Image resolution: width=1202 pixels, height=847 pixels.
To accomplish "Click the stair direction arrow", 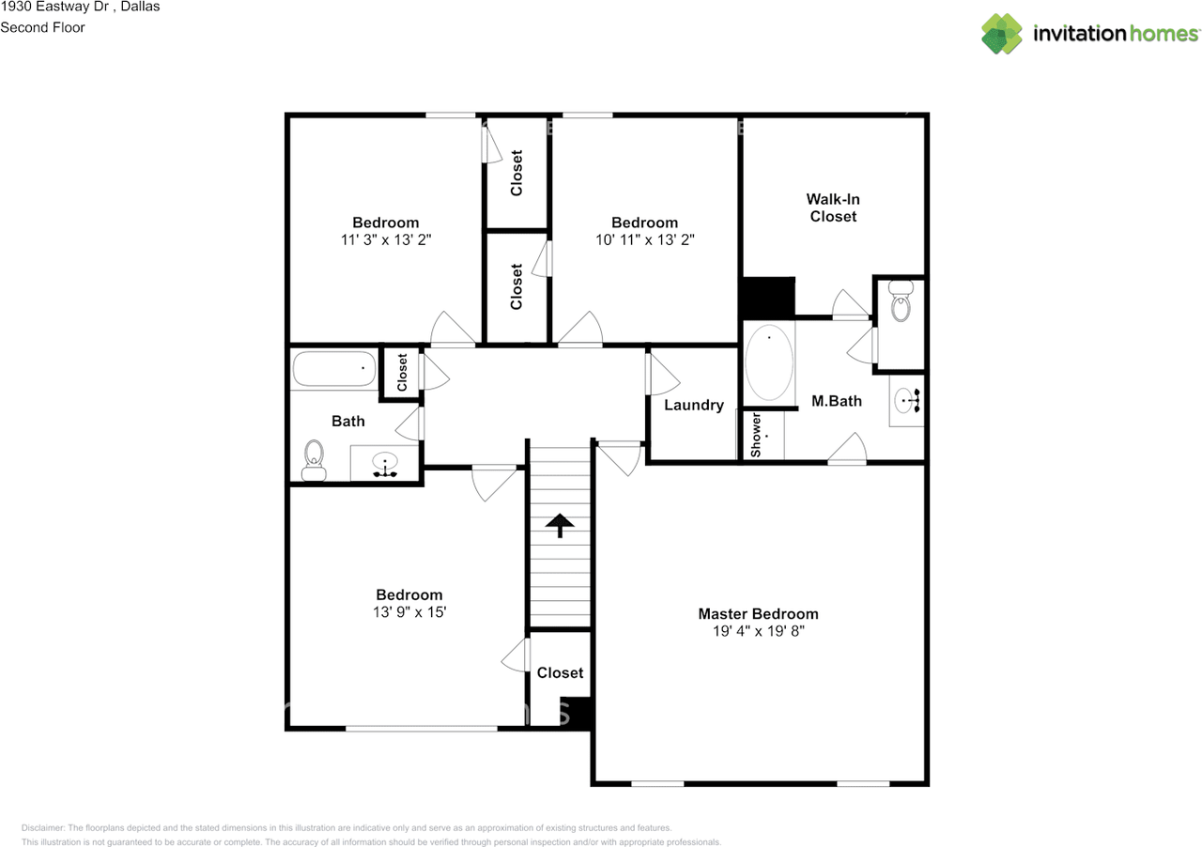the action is (560, 524).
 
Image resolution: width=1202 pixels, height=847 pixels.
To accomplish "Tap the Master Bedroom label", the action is (758, 613).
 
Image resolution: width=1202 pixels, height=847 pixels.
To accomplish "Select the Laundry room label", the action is (694, 405).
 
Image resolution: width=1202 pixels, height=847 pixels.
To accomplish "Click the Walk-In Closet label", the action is (833, 208).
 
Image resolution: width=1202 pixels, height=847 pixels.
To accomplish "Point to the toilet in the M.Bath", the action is (901, 301).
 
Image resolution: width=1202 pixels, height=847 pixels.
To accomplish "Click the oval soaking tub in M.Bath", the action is (769, 362).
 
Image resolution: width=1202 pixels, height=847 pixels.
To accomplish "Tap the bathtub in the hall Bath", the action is (333, 368).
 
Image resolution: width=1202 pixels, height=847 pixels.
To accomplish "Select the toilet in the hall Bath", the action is (314, 460).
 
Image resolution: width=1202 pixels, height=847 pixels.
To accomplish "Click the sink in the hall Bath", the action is (385, 464).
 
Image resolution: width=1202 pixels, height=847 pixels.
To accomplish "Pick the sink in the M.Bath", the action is (907, 400).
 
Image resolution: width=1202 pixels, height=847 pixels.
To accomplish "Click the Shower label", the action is (756, 435).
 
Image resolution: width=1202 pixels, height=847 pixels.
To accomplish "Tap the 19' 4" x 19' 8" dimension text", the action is (758, 631).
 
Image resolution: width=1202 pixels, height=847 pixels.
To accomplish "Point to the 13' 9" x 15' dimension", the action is (409, 612).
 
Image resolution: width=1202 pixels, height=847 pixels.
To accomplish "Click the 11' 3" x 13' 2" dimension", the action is (386, 239).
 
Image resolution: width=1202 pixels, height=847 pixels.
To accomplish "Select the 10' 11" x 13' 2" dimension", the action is (644, 239).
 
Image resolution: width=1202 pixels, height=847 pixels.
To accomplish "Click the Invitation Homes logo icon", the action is (1002, 34).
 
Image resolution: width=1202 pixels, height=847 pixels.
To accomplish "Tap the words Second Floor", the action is (42, 27).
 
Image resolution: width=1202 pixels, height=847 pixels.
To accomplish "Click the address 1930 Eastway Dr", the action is (54, 7).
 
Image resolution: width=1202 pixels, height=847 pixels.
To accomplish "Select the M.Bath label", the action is (837, 401).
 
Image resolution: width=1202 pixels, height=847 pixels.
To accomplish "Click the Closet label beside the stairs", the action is (560, 672).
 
